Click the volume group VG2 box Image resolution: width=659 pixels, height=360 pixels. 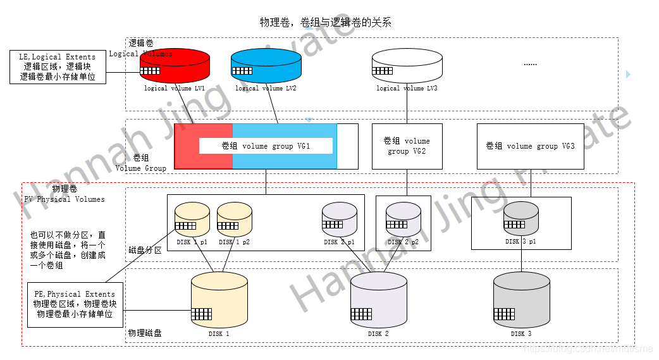pos(407,146)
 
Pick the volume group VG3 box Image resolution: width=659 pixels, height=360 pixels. pos(530,146)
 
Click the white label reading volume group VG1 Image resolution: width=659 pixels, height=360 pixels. pos(266,146)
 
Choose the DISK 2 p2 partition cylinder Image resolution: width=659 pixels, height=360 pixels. pos(403,220)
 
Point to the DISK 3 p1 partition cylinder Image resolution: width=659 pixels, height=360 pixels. pos(521,218)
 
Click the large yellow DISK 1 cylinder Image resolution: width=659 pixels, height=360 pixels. pos(219,300)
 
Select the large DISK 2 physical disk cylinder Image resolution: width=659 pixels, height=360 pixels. pos(378,300)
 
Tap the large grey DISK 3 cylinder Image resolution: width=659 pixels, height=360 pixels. pos(521,300)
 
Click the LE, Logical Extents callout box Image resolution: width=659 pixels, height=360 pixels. pos(58,67)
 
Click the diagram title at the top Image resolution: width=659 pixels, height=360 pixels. pos(326,22)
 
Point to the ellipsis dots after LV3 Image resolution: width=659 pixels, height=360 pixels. pos(530,65)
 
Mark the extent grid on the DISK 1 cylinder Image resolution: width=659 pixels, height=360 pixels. pos(201,314)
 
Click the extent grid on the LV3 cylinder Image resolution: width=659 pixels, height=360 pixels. pos(382,71)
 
